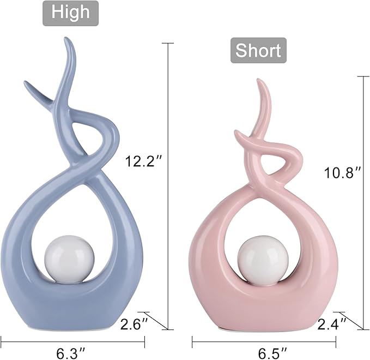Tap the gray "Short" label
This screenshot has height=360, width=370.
(x=258, y=51)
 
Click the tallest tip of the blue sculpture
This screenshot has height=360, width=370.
(x=67, y=39)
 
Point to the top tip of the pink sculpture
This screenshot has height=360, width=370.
(x=260, y=81)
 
